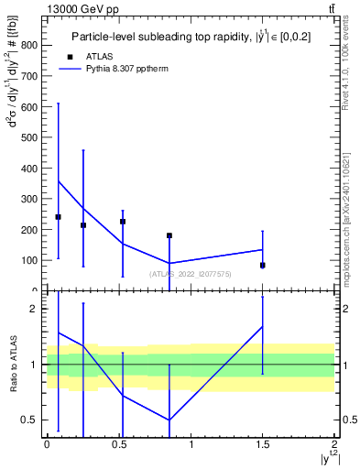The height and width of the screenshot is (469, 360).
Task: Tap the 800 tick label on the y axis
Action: point(30,46)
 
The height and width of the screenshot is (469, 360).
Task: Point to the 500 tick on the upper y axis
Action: point(42,137)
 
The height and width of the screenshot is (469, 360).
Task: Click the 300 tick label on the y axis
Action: point(30,199)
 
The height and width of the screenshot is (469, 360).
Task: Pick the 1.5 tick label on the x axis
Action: point(263,444)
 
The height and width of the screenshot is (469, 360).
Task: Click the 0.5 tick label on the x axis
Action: point(119,444)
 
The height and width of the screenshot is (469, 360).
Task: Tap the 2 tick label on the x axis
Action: point(335,444)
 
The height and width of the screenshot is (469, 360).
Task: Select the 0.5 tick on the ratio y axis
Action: point(42,420)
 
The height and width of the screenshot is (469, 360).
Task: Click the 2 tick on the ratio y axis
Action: point(42,309)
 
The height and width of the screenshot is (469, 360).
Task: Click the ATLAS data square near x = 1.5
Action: point(263,265)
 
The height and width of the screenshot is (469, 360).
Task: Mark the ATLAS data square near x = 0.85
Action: point(169,235)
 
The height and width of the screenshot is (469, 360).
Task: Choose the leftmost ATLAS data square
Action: point(59,217)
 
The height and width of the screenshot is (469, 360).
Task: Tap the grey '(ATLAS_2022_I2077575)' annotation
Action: point(191,273)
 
